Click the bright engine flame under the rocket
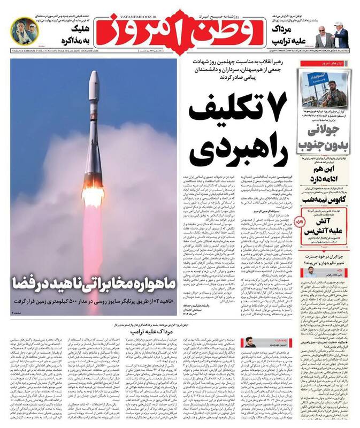point(93,196)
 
